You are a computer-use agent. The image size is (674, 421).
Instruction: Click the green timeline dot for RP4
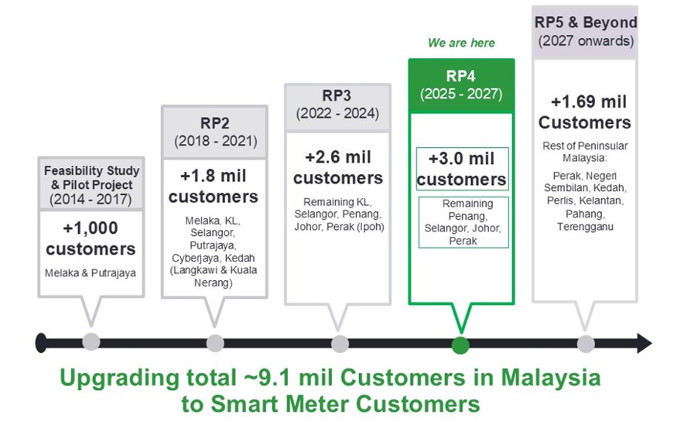click(460, 343)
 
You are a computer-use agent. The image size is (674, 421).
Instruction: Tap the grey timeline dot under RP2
click(216, 343)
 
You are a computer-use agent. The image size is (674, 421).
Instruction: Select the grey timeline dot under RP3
click(340, 343)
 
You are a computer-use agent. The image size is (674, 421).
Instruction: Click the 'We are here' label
click(461, 43)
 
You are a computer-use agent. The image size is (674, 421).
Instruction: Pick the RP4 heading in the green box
click(461, 76)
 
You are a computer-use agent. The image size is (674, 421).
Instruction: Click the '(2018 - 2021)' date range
click(214, 142)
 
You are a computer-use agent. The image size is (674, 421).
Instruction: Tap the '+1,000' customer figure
click(91, 229)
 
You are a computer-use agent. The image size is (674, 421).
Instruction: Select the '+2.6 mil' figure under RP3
click(338, 157)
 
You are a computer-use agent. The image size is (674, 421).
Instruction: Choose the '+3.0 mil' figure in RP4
click(461, 159)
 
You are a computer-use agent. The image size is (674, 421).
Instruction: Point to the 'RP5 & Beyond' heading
click(585, 22)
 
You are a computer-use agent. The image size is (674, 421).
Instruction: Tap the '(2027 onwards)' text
click(585, 40)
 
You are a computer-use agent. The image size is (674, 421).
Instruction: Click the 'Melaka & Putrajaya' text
click(91, 273)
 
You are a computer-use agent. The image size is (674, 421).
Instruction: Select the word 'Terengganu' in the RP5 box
click(585, 227)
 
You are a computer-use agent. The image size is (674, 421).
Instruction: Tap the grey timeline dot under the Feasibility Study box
click(91, 343)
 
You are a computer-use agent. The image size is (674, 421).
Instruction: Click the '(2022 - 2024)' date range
click(338, 114)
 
